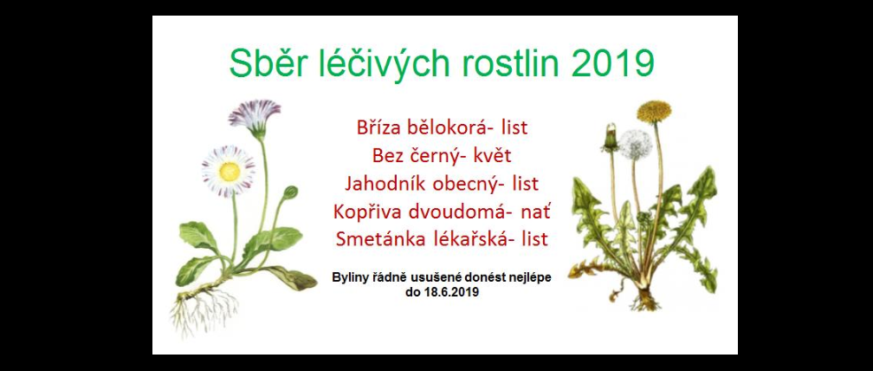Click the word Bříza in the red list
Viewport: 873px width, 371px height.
[x=377, y=127]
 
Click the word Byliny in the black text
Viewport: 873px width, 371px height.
[x=349, y=278]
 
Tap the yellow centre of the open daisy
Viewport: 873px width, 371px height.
[x=230, y=171]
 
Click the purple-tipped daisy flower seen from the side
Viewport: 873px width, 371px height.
[x=255, y=116]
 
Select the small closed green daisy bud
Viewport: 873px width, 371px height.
[x=289, y=192]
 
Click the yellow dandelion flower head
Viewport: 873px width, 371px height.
[x=654, y=112]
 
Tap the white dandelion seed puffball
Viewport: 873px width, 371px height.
[x=636, y=145]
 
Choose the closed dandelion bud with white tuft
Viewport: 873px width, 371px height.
[x=611, y=138]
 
